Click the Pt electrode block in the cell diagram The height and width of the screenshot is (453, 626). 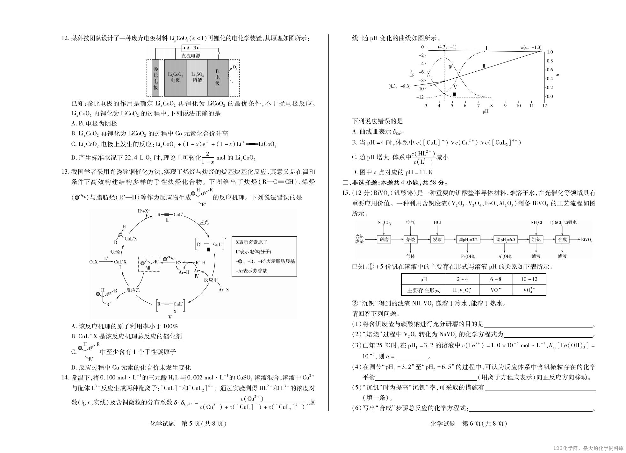[218, 77]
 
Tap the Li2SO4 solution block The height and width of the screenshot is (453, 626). [197, 77]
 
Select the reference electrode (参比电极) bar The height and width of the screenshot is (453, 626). [155, 77]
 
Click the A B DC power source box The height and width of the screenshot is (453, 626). [191, 48]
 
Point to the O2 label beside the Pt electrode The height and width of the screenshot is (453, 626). [235, 68]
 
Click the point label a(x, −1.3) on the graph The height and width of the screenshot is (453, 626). [531, 47]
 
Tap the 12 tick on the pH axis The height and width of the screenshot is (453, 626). [544, 106]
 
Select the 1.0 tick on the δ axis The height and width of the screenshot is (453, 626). [550, 52]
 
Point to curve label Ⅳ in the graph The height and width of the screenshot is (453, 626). [450, 67]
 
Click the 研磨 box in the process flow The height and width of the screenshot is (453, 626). [384, 240]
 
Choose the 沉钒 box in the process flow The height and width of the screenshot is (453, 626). [536, 240]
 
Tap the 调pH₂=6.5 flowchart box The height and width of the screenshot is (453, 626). [506, 240]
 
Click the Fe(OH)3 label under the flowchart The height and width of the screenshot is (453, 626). [468, 256]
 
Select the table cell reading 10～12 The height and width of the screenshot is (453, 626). [529, 279]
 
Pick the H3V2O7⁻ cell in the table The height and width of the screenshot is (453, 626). [462, 290]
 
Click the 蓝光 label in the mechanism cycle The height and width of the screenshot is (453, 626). [204, 222]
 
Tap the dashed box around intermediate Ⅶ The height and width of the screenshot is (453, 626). [149, 263]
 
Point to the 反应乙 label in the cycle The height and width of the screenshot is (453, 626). [133, 290]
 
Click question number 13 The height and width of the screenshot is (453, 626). [65, 172]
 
